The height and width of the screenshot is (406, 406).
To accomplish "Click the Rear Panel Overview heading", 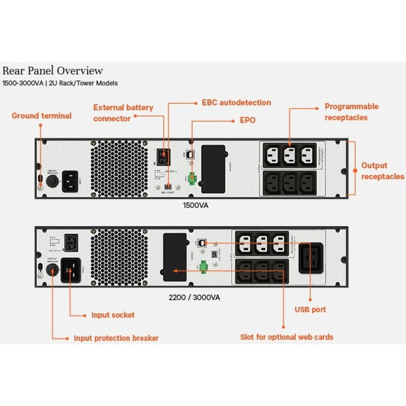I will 53,71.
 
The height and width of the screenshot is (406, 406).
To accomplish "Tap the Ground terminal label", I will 42,116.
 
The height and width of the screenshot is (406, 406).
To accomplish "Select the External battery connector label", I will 124,113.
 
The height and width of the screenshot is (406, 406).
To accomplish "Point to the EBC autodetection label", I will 236,103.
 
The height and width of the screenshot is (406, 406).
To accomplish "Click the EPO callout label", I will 247,121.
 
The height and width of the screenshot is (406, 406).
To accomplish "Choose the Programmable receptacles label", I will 351,111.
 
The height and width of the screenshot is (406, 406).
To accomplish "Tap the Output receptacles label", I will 382,171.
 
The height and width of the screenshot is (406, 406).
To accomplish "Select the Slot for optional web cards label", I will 287,337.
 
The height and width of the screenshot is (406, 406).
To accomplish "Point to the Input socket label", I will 113,315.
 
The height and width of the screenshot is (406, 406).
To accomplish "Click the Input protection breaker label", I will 116,338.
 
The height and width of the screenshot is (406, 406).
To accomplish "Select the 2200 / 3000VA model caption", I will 193,298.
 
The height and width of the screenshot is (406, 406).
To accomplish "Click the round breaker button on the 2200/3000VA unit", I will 51,274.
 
